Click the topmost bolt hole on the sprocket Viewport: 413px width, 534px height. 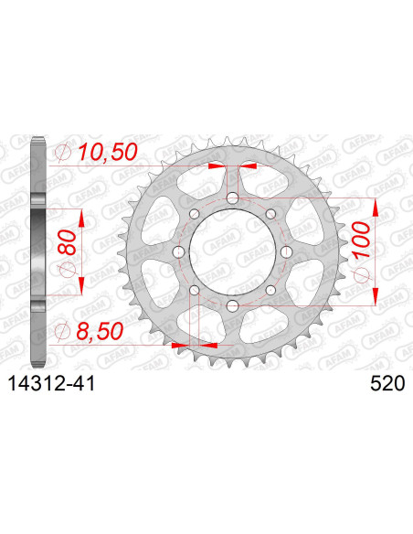232,198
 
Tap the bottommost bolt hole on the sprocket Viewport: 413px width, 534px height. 232,305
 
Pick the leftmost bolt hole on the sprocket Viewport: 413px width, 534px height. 179,251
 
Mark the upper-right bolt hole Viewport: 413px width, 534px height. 270,214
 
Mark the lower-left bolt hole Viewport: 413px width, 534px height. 195,290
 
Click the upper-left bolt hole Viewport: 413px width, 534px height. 195,214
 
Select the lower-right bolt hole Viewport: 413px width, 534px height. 270,290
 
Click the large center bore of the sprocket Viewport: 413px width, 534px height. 232,251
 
